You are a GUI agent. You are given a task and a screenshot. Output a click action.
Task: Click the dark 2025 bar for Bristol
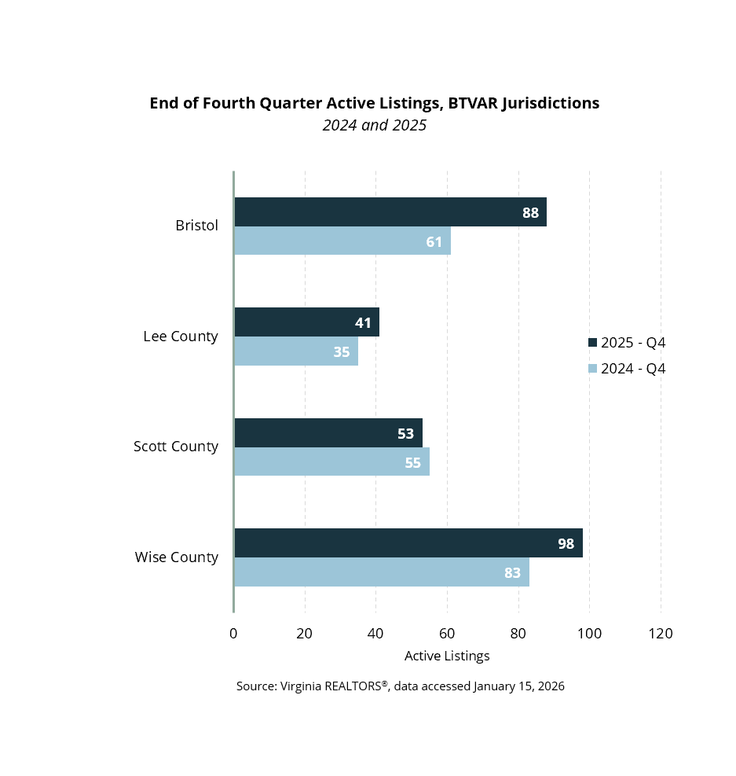[x=390, y=212]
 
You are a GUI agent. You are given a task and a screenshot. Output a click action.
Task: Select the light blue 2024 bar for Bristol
[x=342, y=241]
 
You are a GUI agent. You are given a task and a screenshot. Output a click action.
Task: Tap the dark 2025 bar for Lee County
[x=306, y=322]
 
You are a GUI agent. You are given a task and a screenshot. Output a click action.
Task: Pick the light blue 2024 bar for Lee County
[x=296, y=351]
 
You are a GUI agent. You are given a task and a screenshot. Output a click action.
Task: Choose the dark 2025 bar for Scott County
[x=328, y=432]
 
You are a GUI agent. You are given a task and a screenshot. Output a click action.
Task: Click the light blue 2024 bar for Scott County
[x=331, y=462]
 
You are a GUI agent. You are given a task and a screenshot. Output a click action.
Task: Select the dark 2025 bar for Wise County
[x=408, y=543]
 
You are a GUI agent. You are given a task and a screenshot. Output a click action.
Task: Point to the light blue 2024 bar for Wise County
[x=382, y=572]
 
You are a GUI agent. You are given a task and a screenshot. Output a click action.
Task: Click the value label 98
[x=566, y=543]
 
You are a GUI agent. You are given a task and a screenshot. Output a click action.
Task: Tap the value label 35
[x=342, y=351]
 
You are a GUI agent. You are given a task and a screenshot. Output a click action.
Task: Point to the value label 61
[x=434, y=241]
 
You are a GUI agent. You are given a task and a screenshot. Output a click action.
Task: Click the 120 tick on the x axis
[x=661, y=634]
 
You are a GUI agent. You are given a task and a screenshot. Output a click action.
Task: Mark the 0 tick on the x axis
[x=233, y=634]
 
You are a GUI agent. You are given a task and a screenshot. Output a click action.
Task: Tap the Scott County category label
[x=175, y=447]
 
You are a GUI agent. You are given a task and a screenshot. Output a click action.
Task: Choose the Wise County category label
[x=176, y=557]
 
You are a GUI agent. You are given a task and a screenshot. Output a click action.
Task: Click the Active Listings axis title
[x=447, y=656]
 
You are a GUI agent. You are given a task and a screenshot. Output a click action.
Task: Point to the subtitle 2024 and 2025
[x=375, y=125]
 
